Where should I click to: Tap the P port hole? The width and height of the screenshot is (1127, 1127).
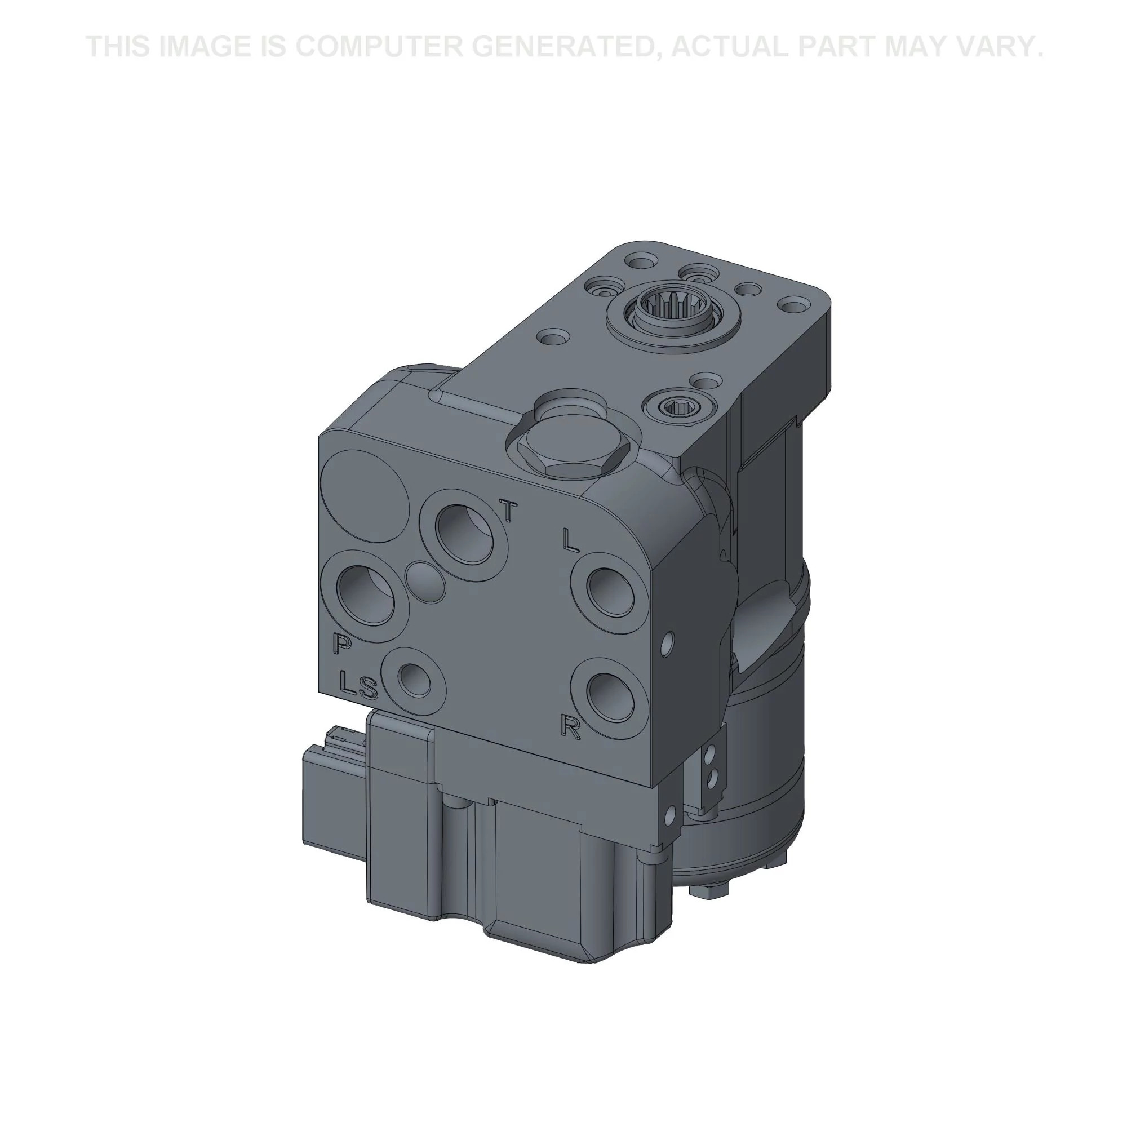[367, 596]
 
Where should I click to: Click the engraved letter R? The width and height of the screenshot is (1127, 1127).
[570, 727]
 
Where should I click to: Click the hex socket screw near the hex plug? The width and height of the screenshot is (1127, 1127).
[678, 404]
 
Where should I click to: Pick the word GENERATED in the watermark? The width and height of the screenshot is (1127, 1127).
[568, 46]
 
